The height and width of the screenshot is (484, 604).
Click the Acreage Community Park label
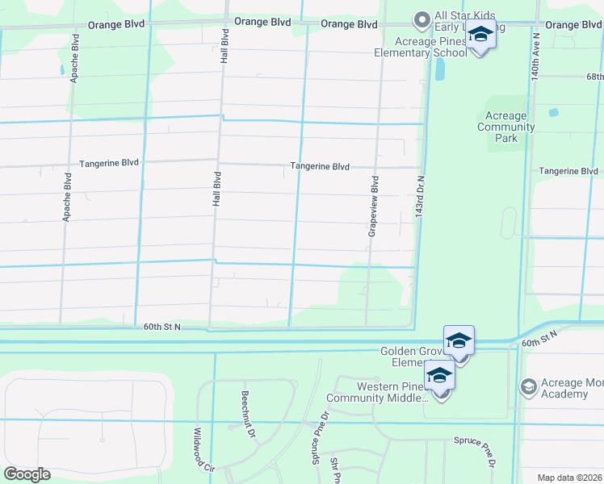point(506,127)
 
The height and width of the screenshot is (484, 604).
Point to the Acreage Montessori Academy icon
point(528,388)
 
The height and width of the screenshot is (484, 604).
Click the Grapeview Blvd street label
point(374,207)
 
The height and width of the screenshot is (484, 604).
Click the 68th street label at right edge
point(594,77)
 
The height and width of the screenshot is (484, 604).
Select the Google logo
point(27,474)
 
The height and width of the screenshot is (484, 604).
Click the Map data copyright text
point(569,478)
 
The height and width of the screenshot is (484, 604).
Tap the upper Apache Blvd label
point(75,59)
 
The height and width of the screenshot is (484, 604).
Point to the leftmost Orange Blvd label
point(116,24)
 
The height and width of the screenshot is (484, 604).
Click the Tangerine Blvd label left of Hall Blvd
point(109,163)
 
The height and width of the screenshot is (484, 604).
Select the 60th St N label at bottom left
point(162,327)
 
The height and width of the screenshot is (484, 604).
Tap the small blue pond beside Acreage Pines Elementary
point(439,70)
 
